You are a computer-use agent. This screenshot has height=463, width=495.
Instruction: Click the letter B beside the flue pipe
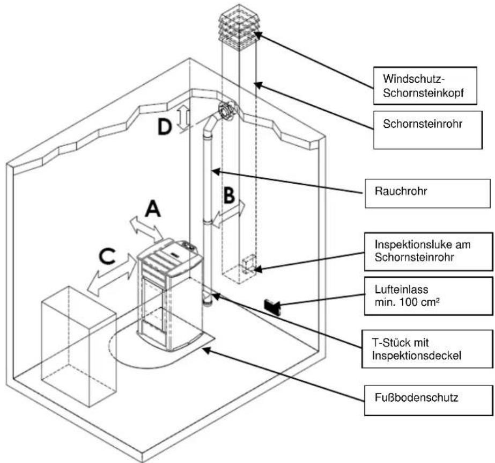click(x=229, y=195)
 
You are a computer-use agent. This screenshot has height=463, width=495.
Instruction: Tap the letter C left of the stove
click(x=107, y=256)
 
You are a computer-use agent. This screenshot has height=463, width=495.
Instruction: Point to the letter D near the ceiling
click(x=165, y=127)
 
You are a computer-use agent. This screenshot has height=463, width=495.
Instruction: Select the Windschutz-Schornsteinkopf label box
click(x=425, y=85)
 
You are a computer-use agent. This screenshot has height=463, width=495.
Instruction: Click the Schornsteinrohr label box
click(x=428, y=129)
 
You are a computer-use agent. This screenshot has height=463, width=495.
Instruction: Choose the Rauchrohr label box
click(x=427, y=193)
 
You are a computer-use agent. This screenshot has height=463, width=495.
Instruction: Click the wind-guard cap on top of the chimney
click(x=239, y=25)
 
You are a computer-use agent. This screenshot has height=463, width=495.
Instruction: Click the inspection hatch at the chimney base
click(x=249, y=263)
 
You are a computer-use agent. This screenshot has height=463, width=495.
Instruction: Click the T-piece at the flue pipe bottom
click(x=208, y=299)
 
